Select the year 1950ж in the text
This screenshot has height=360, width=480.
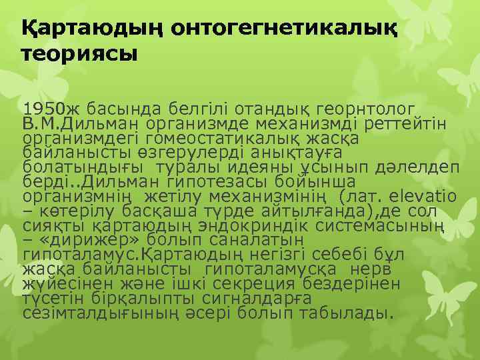tap(47, 109)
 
